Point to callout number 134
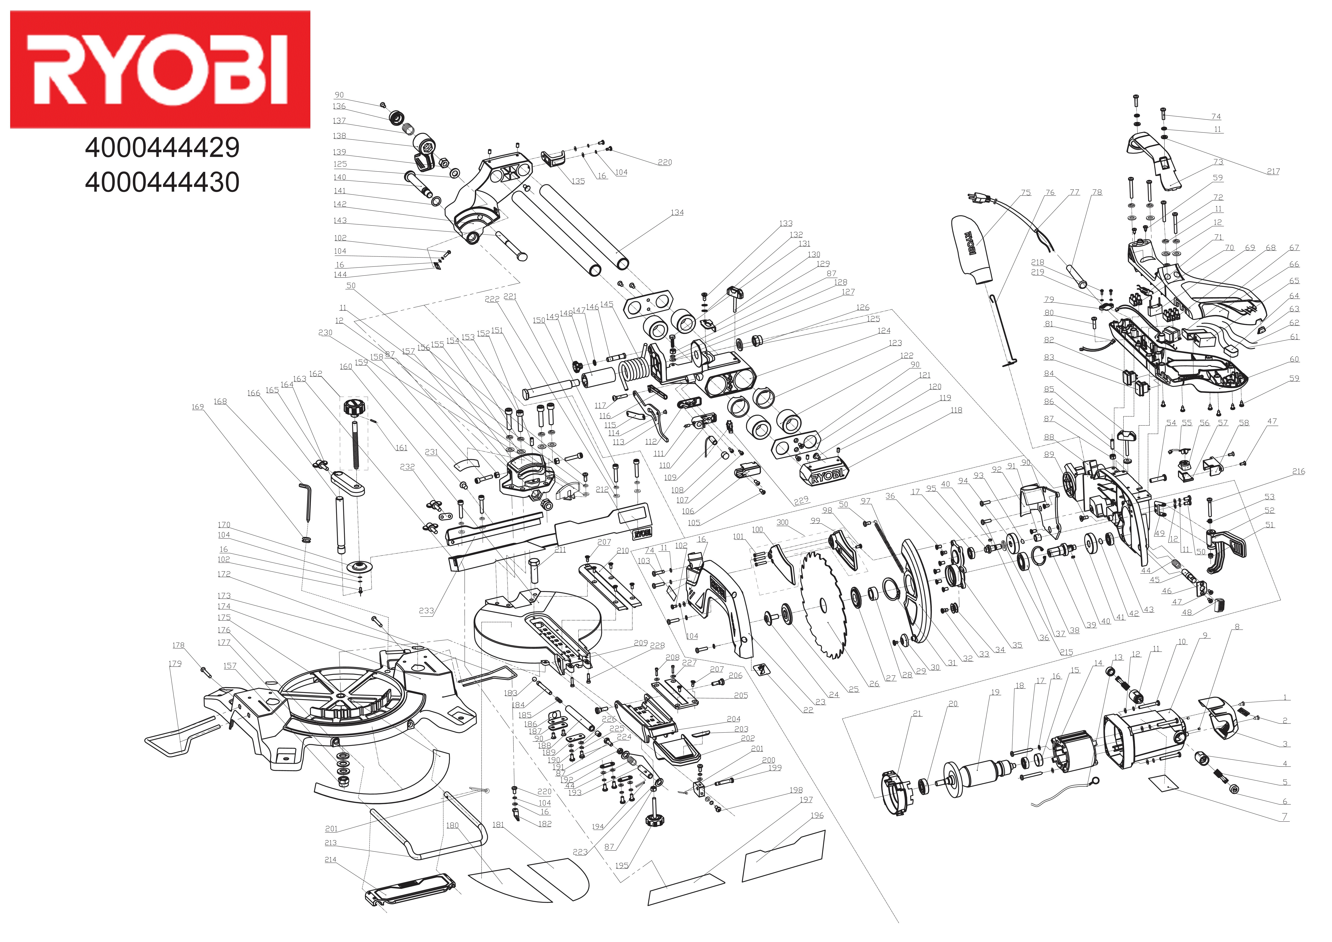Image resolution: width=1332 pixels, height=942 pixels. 677,212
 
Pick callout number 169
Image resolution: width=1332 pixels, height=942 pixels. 198,407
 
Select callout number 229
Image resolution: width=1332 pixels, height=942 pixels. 801,500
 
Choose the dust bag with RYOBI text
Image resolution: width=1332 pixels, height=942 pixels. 972,250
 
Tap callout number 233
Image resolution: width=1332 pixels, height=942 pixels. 426,611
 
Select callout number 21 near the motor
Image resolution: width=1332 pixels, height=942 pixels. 917,713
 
